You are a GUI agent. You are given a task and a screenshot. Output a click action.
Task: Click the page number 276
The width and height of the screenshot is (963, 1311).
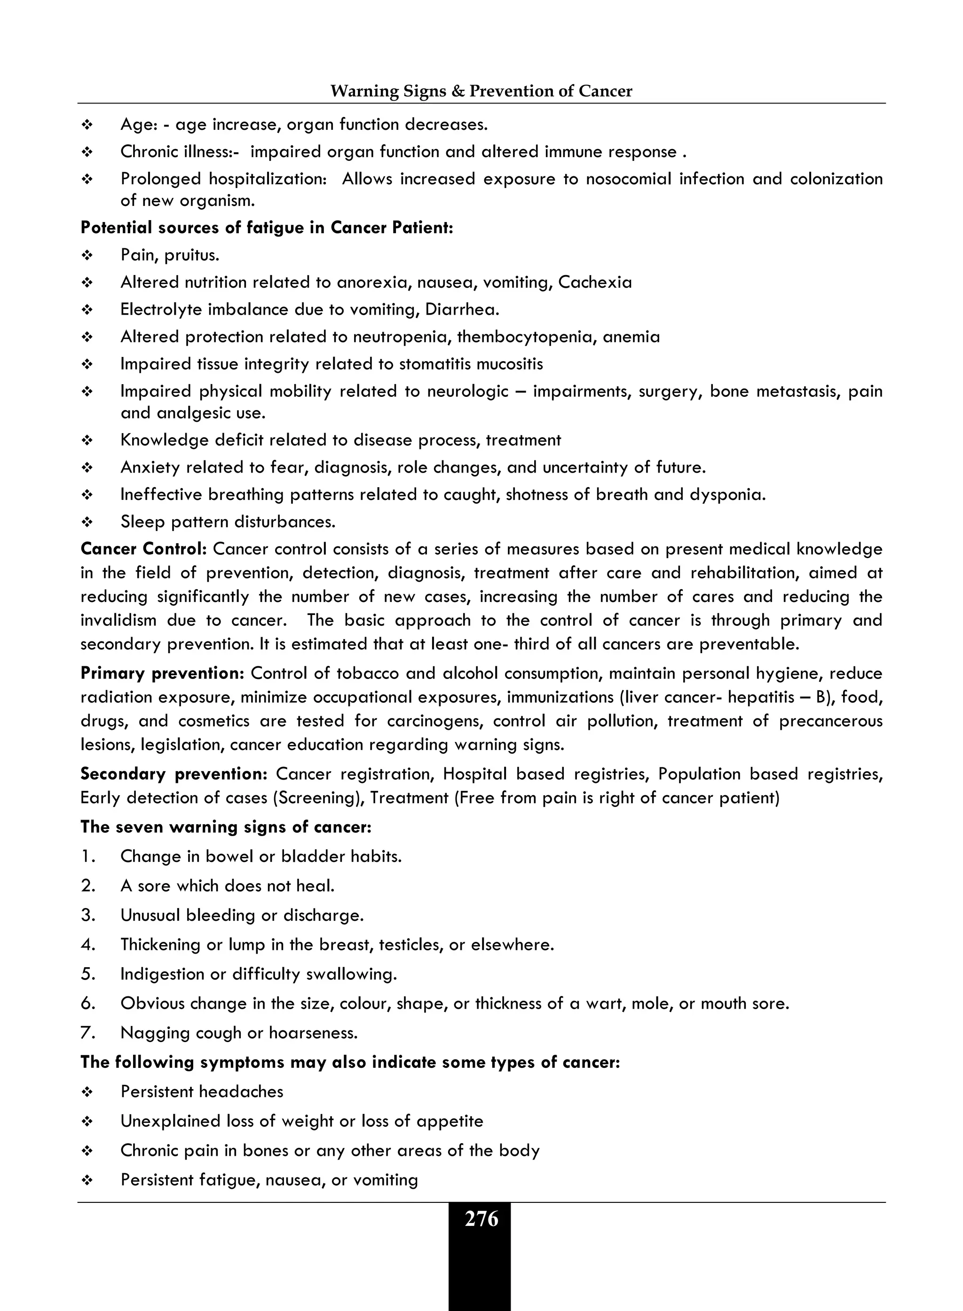481,1219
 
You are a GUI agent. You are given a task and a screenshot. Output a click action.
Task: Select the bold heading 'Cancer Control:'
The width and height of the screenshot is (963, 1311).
143,549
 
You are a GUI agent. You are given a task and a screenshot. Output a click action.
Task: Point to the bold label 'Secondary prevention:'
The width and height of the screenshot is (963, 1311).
174,774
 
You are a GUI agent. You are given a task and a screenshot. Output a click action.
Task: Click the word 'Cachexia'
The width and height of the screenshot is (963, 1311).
595,283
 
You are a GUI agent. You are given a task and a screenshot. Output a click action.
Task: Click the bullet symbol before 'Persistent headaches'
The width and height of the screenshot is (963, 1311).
87,1092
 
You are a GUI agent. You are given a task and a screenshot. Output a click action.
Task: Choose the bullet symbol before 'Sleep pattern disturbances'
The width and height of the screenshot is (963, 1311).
87,522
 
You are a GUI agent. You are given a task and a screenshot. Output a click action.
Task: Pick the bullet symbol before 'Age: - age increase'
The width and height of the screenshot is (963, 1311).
87,125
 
